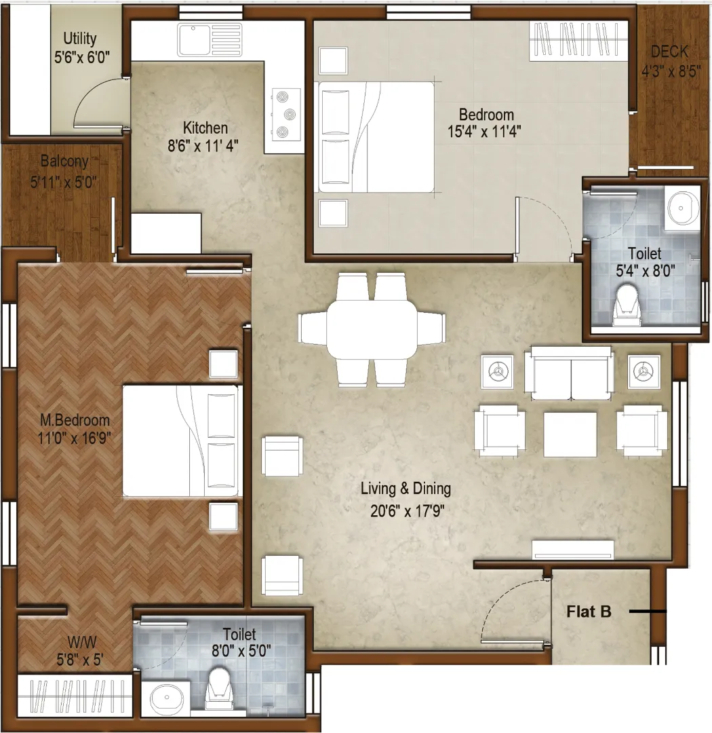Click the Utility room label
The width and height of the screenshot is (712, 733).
coord(80,38)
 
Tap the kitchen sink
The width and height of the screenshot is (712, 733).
coord(210,40)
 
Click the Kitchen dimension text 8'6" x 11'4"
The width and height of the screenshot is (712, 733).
coord(203,146)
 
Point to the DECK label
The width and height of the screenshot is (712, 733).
coord(669,51)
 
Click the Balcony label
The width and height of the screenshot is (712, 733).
coord(64,162)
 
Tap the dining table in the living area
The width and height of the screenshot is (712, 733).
coord(372,330)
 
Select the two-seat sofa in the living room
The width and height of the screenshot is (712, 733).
coord(569,373)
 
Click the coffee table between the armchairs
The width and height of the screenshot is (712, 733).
coord(570,434)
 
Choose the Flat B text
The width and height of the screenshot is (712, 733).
coord(589,612)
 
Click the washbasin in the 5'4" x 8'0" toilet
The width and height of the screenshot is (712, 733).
coord(682,208)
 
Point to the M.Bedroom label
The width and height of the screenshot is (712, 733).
coord(75,420)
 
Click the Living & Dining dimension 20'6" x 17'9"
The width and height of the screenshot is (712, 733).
coord(407,511)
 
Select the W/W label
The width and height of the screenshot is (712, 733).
coord(82,641)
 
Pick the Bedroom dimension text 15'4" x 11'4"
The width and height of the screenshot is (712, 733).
coord(484,132)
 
